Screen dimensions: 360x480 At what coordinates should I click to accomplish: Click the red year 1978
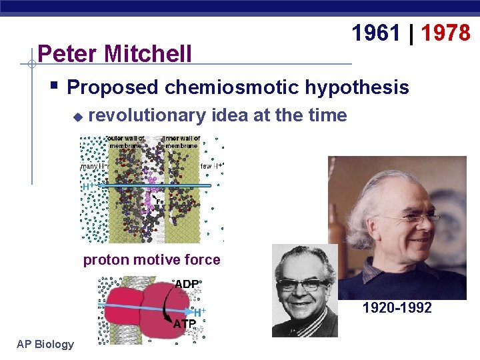tap(446, 32)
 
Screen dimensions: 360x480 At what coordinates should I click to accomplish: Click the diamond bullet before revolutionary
tap(77, 117)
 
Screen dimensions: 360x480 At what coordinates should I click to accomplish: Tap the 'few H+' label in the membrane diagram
tap(211, 166)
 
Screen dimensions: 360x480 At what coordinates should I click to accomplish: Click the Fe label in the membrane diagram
tap(159, 201)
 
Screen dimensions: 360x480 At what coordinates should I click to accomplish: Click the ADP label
tap(186, 284)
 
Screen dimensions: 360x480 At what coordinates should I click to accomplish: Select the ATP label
tap(185, 325)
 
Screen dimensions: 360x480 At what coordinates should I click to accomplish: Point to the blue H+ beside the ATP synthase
tap(199, 312)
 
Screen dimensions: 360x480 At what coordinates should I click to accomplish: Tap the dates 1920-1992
tap(397, 308)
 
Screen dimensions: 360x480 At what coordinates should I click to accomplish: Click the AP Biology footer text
tap(45, 344)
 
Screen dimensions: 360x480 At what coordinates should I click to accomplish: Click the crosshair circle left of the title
tap(31, 64)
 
